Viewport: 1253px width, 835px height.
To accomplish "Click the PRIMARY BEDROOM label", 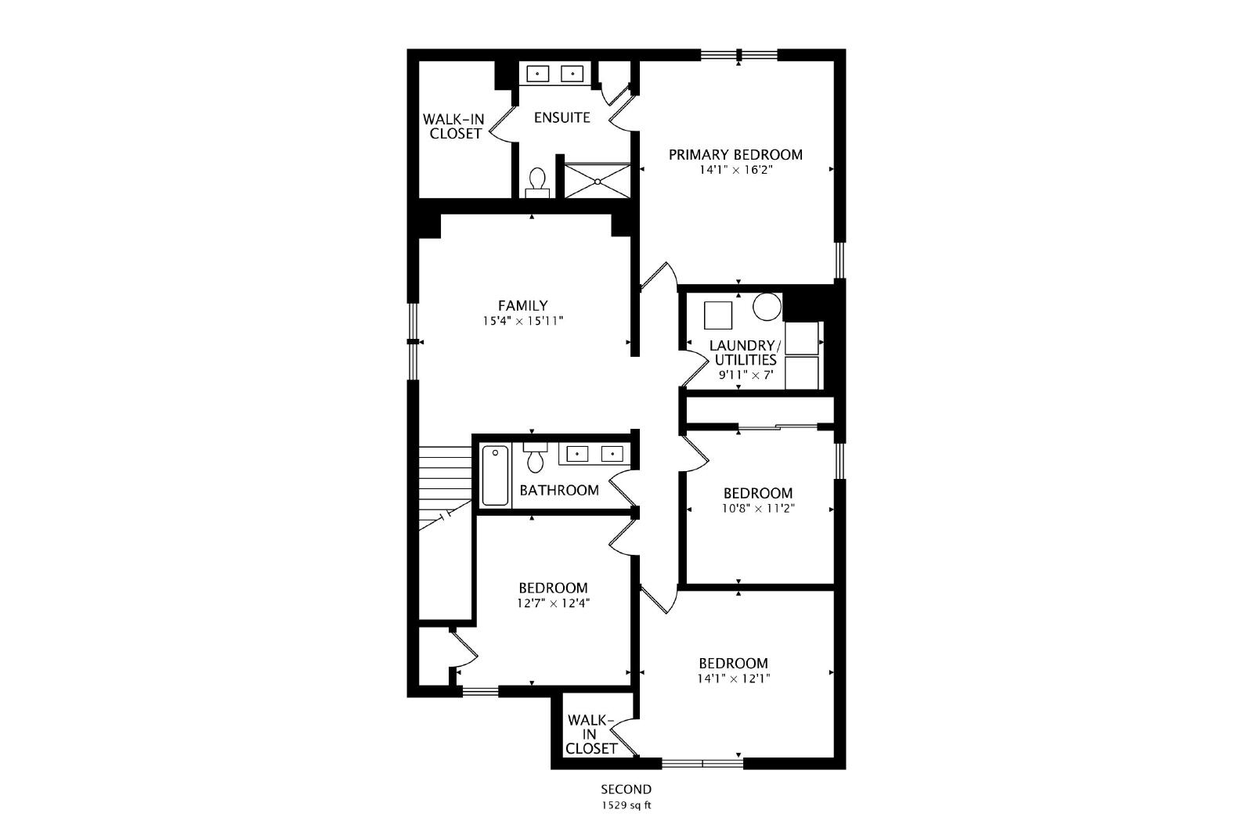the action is click(x=735, y=155).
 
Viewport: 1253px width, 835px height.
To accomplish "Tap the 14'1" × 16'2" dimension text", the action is click(x=735, y=169).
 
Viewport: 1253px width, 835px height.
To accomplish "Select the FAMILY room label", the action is click(x=523, y=306).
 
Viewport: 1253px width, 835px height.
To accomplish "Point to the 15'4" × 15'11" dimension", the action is click(x=523, y=321).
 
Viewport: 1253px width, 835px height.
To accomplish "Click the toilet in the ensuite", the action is click(x=537, y=183).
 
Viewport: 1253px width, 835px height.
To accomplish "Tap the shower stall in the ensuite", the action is click(x=598, y=181).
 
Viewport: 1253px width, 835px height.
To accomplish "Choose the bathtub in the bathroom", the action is click(x=495, y=476).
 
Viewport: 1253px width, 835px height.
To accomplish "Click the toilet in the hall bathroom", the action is click(x=536, y=457).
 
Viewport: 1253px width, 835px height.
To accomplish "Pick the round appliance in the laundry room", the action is click(x=767, y=307).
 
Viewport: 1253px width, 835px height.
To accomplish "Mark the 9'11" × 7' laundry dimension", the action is click(x=746, y=375).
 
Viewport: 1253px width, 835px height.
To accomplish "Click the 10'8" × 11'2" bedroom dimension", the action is click(x=758, y=509).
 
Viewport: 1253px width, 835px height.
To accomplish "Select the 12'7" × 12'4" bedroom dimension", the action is click(x=553, y=603).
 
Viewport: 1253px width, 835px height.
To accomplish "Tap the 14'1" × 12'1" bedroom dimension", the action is click(x=733, y=678).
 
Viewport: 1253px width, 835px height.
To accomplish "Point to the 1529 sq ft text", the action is click(x=626, y=805).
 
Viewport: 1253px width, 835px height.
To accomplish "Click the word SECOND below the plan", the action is click(x=626, y=789).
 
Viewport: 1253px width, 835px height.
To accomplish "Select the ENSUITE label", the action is click(x=562, y=117).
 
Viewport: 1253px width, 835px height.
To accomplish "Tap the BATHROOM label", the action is click(x=559, y=490).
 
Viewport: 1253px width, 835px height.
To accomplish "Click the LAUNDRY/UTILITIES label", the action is click(x=746, y=353).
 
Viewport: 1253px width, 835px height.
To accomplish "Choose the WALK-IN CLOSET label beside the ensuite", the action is click(x=453, y=126).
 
